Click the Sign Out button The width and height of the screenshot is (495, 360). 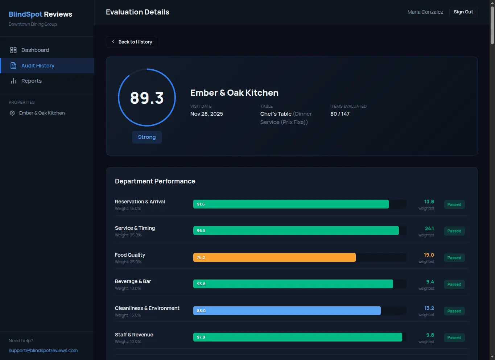coord(463,12)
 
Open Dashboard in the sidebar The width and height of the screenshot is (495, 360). coord(35,50)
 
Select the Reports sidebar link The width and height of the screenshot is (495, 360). coord(31,81)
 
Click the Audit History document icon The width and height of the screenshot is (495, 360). coord(13,66)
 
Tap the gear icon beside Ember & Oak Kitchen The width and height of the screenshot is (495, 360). coord(12,113)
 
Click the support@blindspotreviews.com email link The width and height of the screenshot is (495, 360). coord(43,351)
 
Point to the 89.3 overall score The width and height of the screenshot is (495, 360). coord(147,98)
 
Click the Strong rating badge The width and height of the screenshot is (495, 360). coord(147,137)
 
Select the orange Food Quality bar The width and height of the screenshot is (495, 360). coord(274,257)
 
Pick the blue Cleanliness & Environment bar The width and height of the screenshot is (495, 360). coord(287,311)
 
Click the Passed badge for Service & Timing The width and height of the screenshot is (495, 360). coord(454,231)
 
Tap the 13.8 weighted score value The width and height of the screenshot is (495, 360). coord(429,202)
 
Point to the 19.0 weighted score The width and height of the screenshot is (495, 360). coord(429,255)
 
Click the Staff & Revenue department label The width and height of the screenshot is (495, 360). coord(134,335)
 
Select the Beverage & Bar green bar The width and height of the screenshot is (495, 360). coord(293,284)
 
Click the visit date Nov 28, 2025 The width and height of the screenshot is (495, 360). coord(207,114)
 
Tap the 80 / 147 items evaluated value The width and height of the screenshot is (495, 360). coord(340,114)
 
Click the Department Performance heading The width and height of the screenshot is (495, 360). coord(155,181)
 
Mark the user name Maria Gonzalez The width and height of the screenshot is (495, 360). coord(425,12)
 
